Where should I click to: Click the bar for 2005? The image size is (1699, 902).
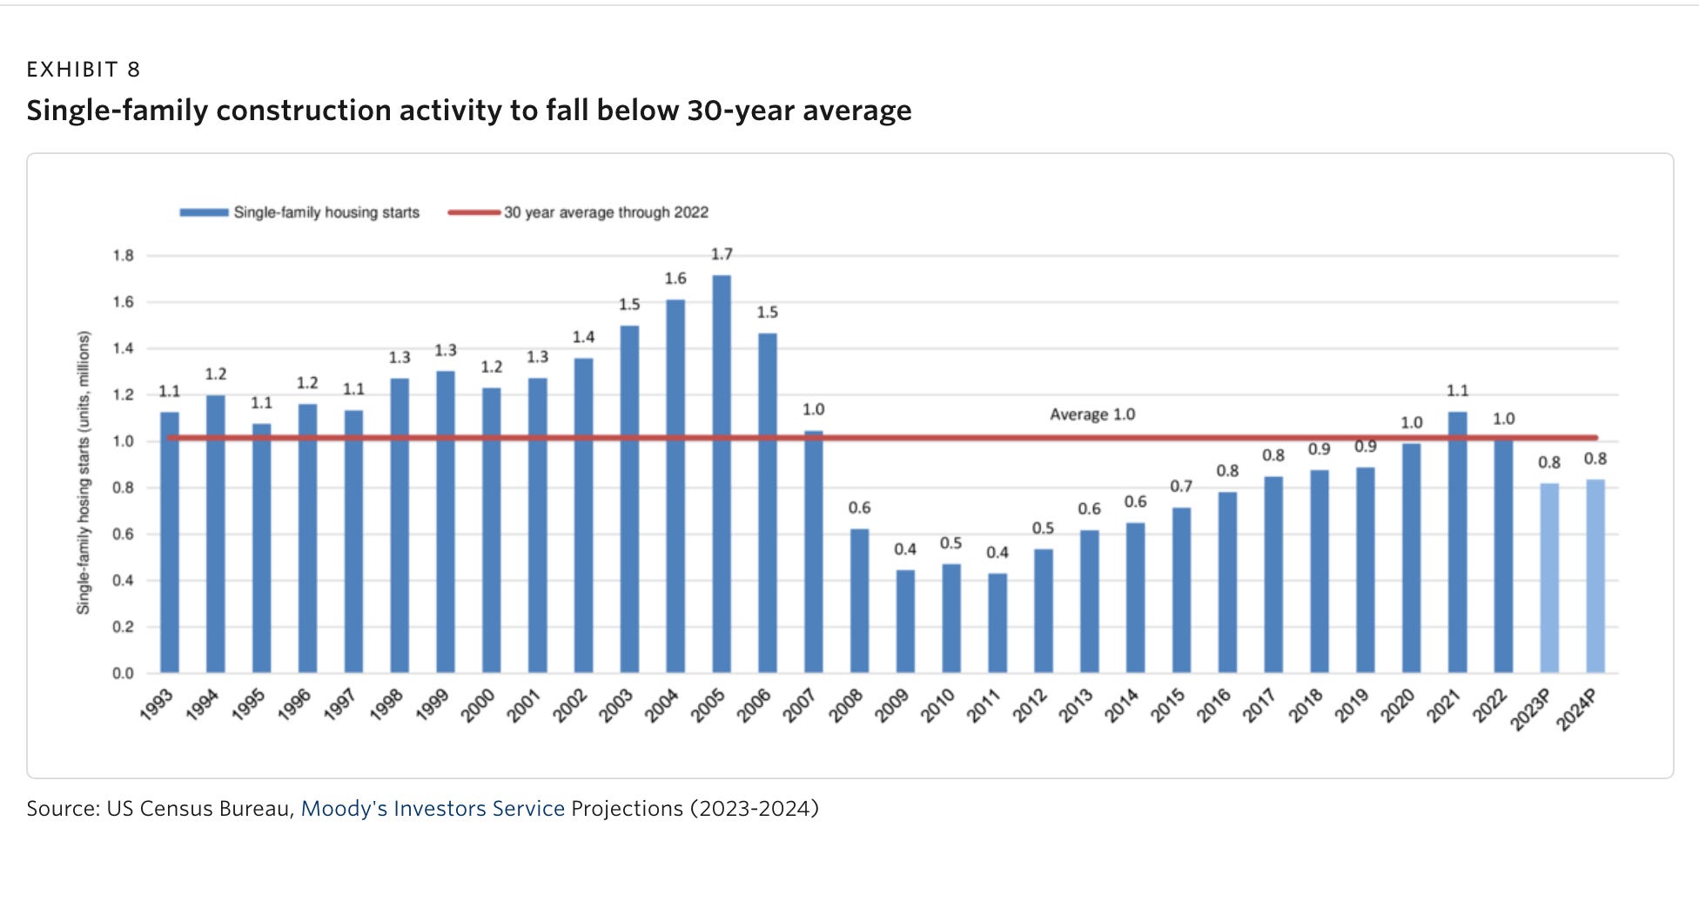click(722, 475)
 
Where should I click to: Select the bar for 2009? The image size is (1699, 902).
click(905, 622)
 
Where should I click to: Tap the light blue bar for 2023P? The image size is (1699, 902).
click(1549, 578)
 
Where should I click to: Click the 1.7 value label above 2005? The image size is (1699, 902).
click(722, 254)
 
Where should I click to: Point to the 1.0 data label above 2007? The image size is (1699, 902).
click(813, 409)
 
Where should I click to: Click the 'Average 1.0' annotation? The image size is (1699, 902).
click(1092, 414)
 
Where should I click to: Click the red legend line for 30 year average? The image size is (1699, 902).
click(474, 212)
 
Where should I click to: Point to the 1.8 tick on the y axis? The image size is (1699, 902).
click(123, 255)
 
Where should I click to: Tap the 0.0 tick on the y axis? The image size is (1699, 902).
click(123, 673)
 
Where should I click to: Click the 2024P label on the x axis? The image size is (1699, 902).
click(1577, 710)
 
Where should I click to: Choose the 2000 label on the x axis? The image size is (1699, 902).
click(478, 705)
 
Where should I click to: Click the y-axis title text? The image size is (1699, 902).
click(84, 473)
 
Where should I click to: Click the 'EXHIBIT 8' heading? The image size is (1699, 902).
click(84, 70)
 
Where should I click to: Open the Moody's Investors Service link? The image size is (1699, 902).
click(433, 809)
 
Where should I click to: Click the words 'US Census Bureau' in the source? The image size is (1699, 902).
click(199, 809)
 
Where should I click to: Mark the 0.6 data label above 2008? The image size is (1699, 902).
click(859, 508)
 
